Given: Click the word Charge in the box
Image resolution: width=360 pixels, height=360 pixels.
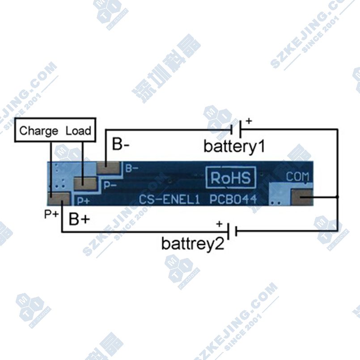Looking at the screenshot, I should [x=39, y=131].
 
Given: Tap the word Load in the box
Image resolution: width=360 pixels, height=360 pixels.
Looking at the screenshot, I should [x=78, y=131].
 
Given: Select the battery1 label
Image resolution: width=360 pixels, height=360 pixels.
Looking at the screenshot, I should [x=234, y=146].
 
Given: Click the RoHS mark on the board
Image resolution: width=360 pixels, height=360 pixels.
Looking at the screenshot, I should [x=231, y=178].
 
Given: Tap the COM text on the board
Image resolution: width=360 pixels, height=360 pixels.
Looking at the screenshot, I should [x=297, y=177].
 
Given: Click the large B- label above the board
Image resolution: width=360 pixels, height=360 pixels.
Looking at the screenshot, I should [x=121, y=144].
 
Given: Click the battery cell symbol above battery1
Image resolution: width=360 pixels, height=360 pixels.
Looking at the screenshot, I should [x=236, y=130].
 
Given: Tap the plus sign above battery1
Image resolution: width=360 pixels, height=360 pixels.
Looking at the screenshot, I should [x=249, y=121].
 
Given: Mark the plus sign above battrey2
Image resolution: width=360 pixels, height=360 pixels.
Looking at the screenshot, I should [x=219, y=223].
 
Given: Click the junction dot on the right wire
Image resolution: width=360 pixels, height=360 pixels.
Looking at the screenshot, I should [x=337, y=197].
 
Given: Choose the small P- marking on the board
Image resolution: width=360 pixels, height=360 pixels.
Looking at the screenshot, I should [x=110, y=184].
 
